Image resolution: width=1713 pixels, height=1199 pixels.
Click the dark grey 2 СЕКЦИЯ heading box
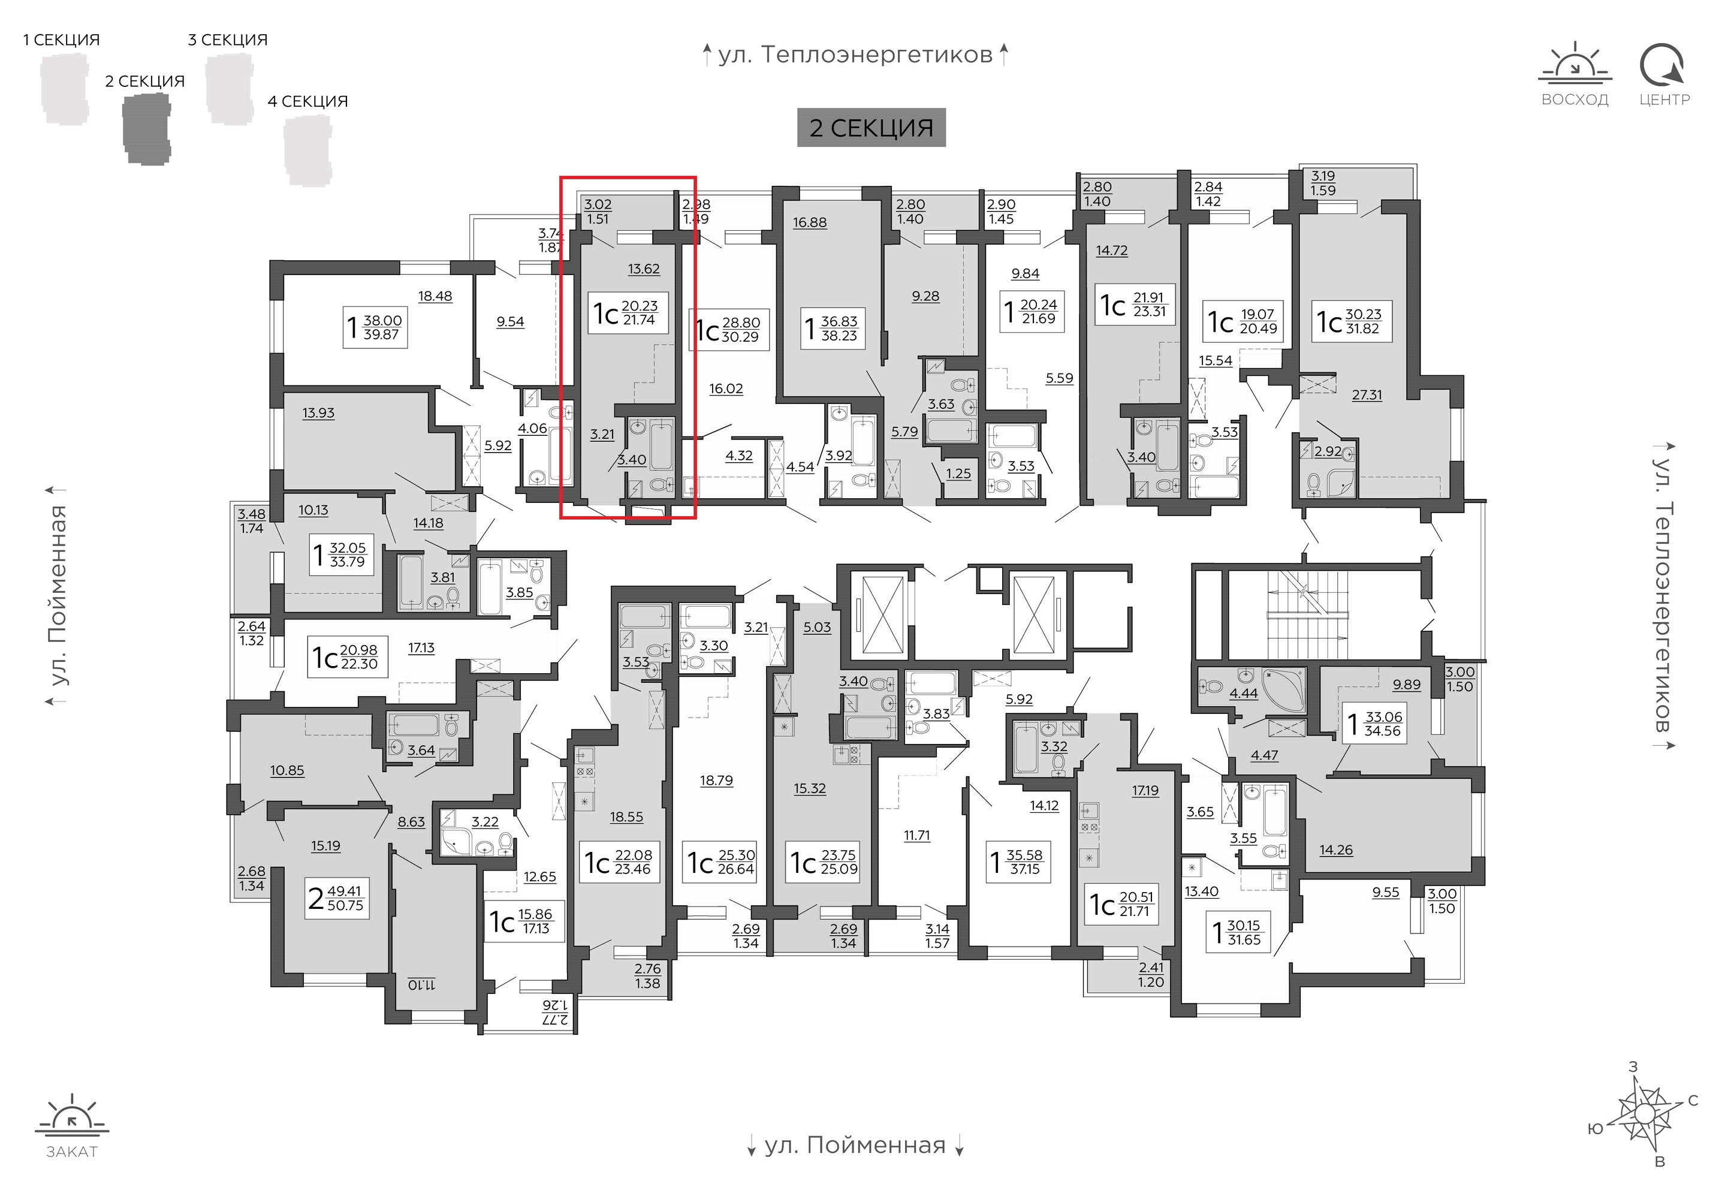tap(871, 128)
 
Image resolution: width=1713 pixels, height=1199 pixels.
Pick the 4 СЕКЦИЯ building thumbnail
tap(307, 150)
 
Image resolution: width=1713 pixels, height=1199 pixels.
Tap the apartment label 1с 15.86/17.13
tap(524, 922)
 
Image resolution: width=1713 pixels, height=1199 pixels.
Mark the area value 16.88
tap(810, 222)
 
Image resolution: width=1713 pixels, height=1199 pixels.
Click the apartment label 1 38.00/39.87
tap(375, 327)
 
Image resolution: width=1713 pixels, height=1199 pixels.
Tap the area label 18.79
tap(716, 781)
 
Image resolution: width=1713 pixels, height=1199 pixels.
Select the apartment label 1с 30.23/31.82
tap(1352, 321)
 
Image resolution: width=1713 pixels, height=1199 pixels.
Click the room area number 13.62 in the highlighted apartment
tap(644, 269)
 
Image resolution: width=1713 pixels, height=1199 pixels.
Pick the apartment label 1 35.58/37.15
tap(1018, 861)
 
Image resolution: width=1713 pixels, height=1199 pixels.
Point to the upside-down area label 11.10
tap(421, 985)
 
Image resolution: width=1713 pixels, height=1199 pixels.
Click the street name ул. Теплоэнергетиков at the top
tap(855, 55)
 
